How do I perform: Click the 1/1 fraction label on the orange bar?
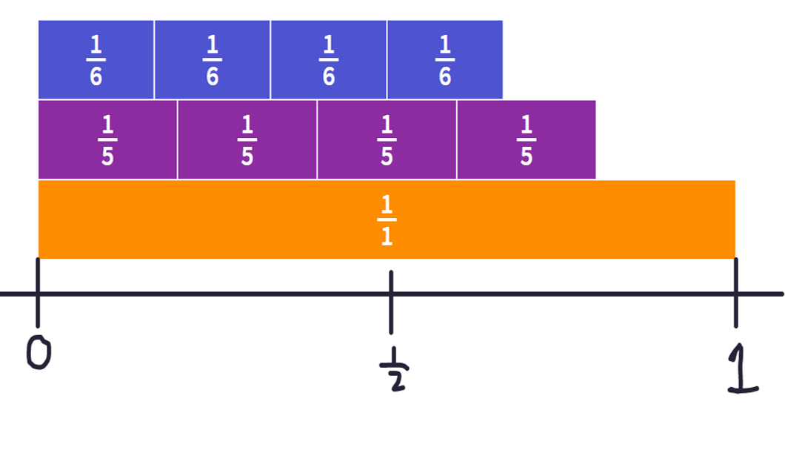[386, 220]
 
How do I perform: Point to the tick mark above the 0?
[38, 293]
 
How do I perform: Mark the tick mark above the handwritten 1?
[735, 293]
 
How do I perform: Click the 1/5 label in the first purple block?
[107, 140]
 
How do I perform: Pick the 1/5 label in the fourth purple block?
[526, 140]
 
